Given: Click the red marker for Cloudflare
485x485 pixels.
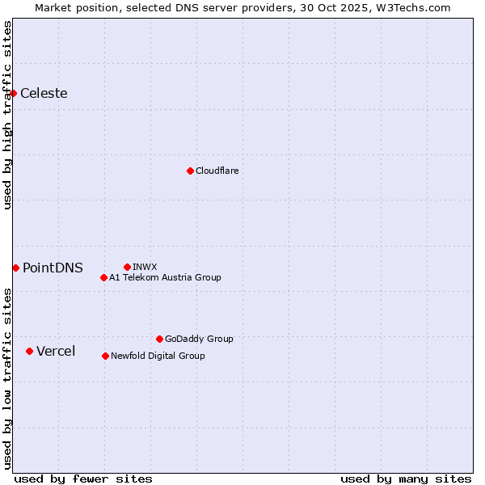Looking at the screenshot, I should [190, 171].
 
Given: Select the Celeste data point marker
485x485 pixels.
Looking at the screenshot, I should [14, 93].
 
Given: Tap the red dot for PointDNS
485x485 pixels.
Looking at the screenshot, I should [15, 268].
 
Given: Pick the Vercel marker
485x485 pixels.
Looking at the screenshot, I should [29, 351].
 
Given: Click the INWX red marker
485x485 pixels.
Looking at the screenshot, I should [127, 267].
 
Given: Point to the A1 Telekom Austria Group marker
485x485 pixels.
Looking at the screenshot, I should [103, 277].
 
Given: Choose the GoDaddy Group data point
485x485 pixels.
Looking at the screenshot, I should [159, 339].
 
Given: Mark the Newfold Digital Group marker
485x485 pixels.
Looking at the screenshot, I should [105, 356].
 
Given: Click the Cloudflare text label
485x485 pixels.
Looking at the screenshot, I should [217, 171].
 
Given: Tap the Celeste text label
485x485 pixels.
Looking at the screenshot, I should [44, 93].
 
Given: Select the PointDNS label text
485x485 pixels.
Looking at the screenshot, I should [53, 268].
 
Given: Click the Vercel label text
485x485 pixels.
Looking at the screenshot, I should [56, 351].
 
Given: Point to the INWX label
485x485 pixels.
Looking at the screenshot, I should [145, 267].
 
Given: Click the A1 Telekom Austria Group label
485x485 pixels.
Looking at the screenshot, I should [165, 277].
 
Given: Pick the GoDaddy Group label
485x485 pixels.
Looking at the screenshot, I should [199, 339].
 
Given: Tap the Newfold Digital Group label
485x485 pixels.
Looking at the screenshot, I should [158, 356].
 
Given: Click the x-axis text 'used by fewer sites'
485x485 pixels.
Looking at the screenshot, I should [83, 479].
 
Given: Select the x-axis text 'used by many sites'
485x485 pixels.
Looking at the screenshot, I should [406, 479].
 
